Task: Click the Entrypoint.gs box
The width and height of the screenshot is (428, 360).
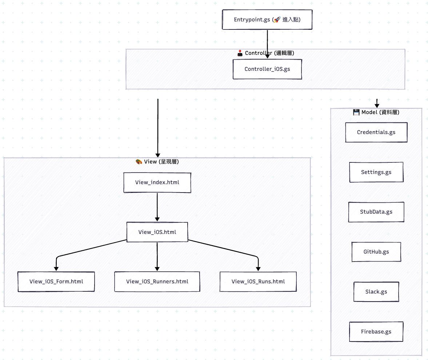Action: click(267, 20)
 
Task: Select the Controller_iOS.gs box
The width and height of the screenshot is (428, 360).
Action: click(267, 69)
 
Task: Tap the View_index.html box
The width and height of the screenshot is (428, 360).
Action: click(157, 182)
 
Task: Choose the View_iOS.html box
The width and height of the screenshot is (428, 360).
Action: click(157, 232)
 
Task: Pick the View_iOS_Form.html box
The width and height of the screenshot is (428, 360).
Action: click(56, 282)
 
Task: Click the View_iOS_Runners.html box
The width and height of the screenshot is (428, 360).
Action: click(157, 282)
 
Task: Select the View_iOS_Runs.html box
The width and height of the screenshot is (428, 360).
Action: click(258, 282)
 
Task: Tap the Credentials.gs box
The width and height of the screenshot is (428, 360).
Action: click(376, 132)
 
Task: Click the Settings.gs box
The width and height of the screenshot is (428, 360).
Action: click(376, 172)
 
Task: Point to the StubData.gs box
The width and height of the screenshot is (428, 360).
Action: click(376, 212)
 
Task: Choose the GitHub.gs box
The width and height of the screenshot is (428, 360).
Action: click(376, 252)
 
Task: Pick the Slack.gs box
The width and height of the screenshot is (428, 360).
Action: click(376, 292)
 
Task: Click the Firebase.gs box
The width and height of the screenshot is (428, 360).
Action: click(376, 332)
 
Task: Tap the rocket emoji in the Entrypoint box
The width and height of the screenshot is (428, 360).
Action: click(277, 20)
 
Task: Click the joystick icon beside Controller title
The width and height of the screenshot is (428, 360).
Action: click(240, 53)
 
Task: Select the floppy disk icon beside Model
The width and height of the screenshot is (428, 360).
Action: click(356, 112)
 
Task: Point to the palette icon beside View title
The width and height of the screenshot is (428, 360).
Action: click(139, 162)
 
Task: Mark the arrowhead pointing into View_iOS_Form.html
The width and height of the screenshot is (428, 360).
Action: click(56, 269)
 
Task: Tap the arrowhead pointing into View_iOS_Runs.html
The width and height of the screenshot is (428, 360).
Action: click(258, 269)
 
